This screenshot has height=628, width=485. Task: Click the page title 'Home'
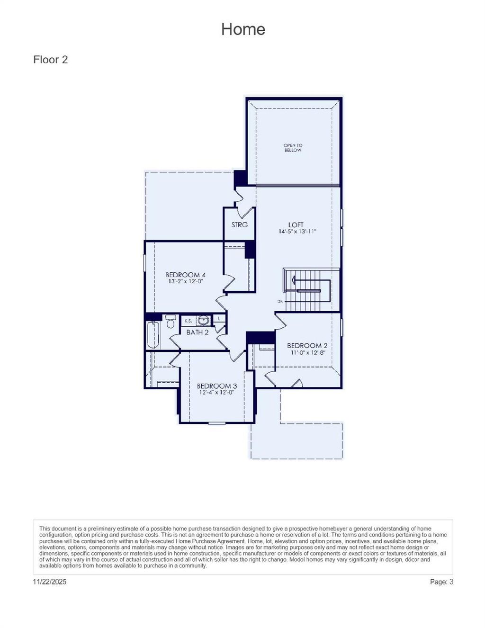tap(243, 29)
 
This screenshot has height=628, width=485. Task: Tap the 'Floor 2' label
tap(50, 60)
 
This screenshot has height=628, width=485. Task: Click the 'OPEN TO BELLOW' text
tap(293, 148)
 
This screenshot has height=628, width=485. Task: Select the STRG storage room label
tap(239, 224)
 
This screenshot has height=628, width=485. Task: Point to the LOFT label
tap(296, 224)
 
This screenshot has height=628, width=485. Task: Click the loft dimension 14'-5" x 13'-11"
tap(297, 232)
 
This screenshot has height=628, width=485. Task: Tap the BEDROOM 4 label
tap(185, 275)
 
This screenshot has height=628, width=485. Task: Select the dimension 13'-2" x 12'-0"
tap(185, 281)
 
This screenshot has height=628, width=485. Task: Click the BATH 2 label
tap(198, 332)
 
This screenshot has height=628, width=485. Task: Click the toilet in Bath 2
tap(171, 322)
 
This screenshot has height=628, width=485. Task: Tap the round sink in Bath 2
tap(203, 321)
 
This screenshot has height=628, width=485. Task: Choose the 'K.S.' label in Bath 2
tap(188, 321)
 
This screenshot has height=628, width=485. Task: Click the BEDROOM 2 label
tap(307, 346)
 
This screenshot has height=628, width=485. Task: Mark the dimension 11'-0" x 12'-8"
tap(307, 352)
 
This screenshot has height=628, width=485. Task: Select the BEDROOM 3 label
tap(217, 386)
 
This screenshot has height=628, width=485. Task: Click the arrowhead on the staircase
tap(295, 281)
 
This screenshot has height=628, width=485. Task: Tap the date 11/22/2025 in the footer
tap(50, 582)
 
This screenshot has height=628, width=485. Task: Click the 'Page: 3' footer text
tap(441, 582)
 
